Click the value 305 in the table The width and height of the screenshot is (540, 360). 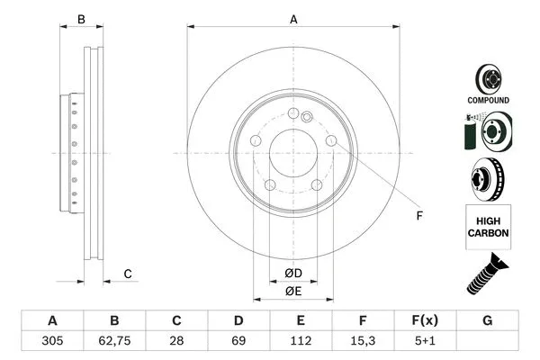pyautogui.click(x=52, y=342)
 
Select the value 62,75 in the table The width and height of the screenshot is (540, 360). pyautogui.click(x=114, y=342)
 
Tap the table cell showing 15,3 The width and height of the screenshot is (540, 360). pyautogui.click(x=363, y=342)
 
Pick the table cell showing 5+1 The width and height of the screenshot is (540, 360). pyautogui.click(x=426, y=342)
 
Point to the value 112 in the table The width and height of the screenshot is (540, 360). pyautogui.click(x=301, y=342)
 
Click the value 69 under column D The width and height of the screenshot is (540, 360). pyautogui.click(x=238, y=342)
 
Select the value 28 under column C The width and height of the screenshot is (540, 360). pyautogui.click(x=176, y=342)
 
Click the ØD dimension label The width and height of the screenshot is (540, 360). pyautogui.click(x=292, y=273)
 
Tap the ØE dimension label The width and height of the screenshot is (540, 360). pyautogui.click(x=292, y=291)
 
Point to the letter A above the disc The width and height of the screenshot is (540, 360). pyautogui.click(x=292, y=19)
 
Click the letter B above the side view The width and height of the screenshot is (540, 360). pyautogui.click(x=81, y=19)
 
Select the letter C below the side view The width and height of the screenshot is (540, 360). pyautogui.click(x=128, y=274)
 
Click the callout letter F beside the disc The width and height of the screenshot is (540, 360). pyautogui.click(x=418, y=215)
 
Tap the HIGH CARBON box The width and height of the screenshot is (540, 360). pyautogui.click(x=488, y=225)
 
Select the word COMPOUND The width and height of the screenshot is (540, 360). pyautogui.click(x=488, y=100)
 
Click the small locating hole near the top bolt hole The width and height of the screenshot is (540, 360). pyautogui.click(x=307, y=115)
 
